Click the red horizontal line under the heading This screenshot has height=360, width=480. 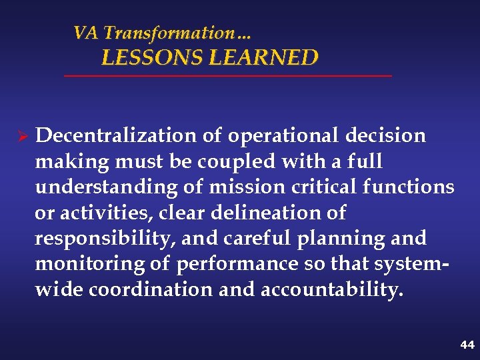227,77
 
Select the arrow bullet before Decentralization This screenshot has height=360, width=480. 21,136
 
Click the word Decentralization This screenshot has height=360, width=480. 115,136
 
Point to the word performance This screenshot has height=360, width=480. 237,265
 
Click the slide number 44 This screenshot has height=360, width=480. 467,345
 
